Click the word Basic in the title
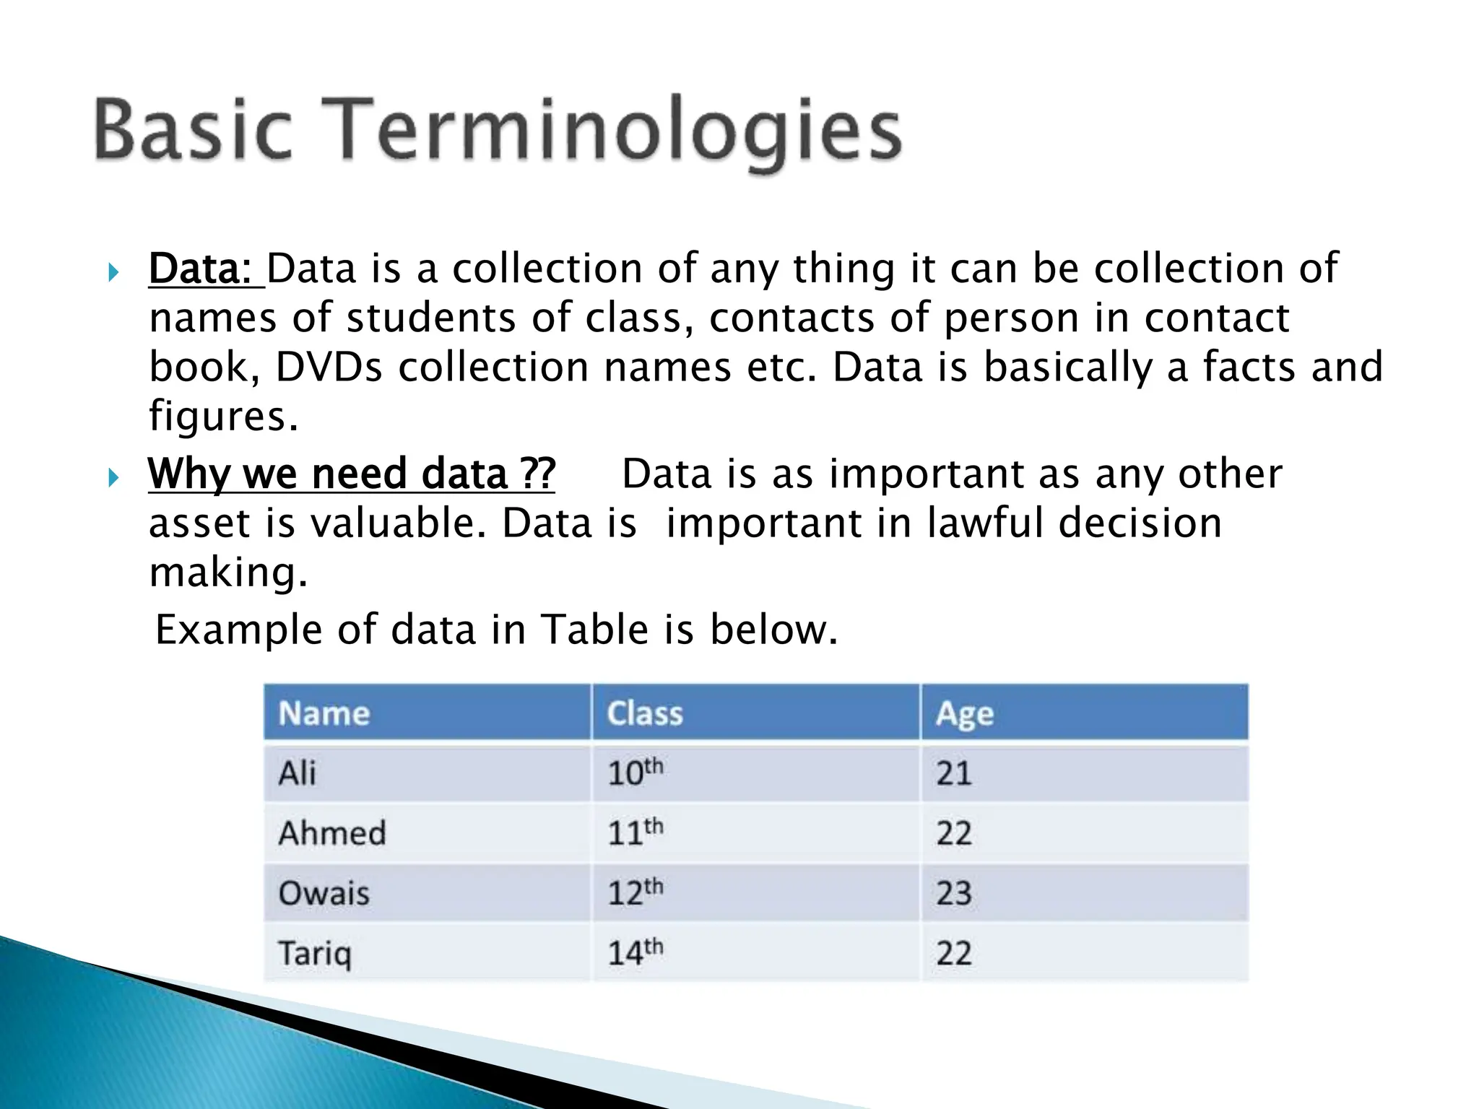pyautogui.click(x=193, y=130)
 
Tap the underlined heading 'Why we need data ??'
pyautogui.click(x=351, y=474)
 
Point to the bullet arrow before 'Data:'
pyautogui.click(x=112, y=273)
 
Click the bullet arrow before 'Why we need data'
pyautogui.click(x=112, y=478)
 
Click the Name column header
pyautogui.click(x=324, y=713)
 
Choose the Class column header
pyautogui.click(x=645, y=713)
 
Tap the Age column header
pyautogui.click(x=965, y=714)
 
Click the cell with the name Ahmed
pyautogui.click(x=332, y=833)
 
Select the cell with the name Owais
pyautogui.click(x=324, y=894)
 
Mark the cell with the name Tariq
pyautogui.click(x=316, y=954)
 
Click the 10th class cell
pyautogui.click(x=635, y=773)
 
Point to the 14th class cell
pyautogui.click(x=635, y=953)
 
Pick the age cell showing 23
pyautogui.click(x=954, y=894)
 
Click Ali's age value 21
pyautogui.click(x=954, y=774)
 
